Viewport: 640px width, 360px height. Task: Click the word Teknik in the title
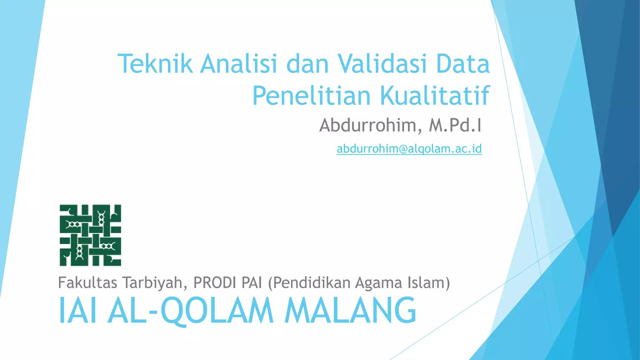[155, 64]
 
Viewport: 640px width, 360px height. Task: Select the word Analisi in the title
[238, 64]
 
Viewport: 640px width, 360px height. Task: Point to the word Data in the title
[463, 64]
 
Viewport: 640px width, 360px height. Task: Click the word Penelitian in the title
[311, 96]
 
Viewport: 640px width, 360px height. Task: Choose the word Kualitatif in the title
[435, 96]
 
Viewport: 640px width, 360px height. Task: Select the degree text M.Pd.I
[455, 125]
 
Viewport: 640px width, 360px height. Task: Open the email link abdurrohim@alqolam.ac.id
[409, 149]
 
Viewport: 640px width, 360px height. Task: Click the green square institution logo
[90, 235]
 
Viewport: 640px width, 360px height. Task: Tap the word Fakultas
[88, 282]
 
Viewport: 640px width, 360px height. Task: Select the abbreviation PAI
[252, 282]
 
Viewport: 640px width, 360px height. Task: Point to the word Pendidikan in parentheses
[310, 282]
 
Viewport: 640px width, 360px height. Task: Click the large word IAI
[77, 311]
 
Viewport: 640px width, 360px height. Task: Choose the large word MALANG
[350, 311]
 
